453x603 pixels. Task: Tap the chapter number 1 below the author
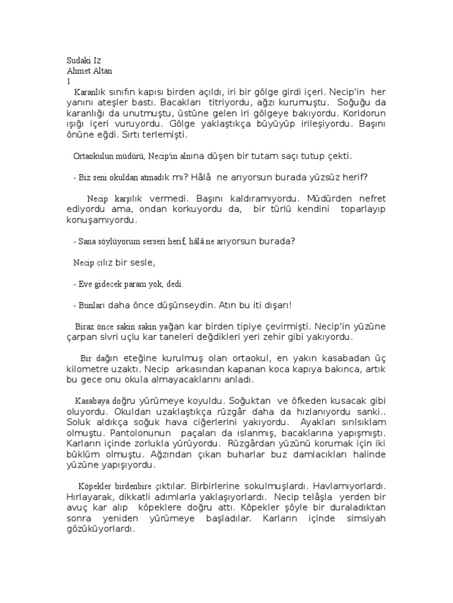[69, 81]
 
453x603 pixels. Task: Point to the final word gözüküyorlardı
[100, 529]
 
